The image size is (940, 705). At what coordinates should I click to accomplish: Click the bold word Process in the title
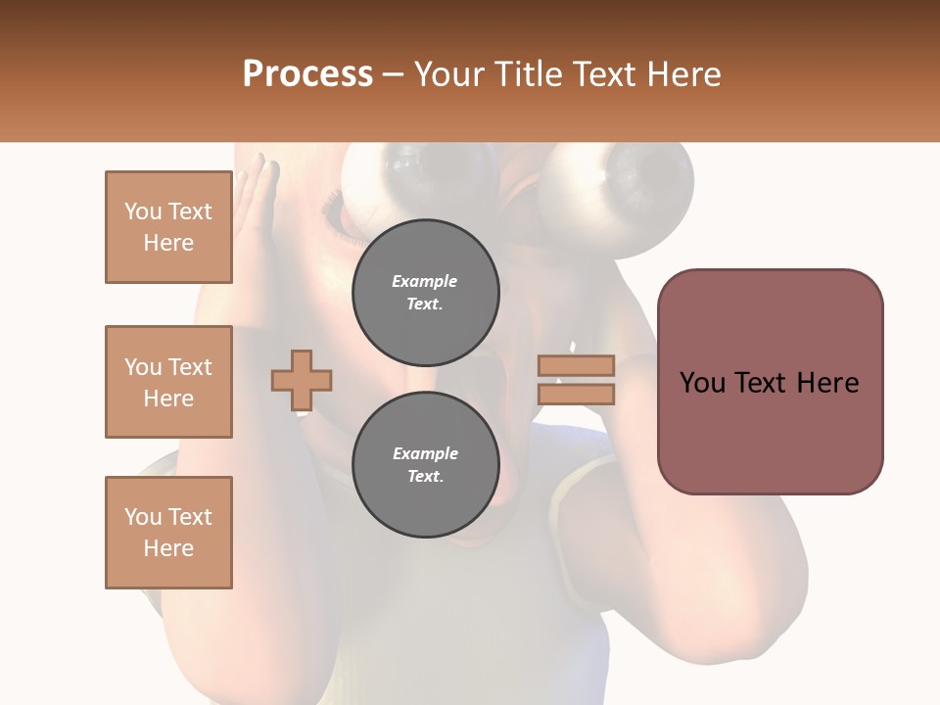[x=307, y=74]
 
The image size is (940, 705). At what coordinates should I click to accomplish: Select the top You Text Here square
[x=168, y=227]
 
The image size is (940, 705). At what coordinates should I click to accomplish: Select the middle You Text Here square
[x=168, y=382]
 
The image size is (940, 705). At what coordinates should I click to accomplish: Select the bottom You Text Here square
[x=168, y=533]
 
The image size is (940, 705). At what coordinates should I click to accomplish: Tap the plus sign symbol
[x=302, y=379]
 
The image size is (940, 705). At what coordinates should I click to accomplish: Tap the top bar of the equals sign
[x=576, y=365]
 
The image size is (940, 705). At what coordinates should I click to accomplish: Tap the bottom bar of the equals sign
[x=576, y=394]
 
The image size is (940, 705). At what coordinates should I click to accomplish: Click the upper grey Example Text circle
[x=425, y=293]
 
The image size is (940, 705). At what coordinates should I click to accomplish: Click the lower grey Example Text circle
[x=425, y=465]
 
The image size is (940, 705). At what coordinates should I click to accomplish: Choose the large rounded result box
[x=770, y=382]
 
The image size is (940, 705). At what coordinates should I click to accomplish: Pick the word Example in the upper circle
[x=424, y=281]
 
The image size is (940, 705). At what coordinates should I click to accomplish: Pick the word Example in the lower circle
[x=425, y=453]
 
